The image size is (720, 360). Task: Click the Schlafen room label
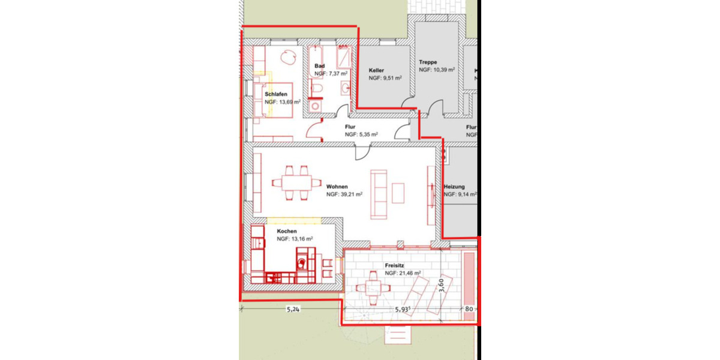tap(275, 94)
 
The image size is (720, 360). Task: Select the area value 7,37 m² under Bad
tap(331, 73)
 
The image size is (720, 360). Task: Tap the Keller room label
tap(376, 70)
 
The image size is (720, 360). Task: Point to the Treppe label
tap(428, 62)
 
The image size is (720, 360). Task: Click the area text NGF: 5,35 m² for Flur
tap(361, 135)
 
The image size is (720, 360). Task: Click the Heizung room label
tap(454, 187)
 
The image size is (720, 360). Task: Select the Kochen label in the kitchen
tap(287, 230)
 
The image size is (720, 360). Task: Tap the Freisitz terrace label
tap(396, 265)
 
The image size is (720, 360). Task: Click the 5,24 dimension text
tap(293, 310)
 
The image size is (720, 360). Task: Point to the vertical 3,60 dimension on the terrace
tap(442, 283)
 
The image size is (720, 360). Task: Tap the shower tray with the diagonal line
tap(344, 58)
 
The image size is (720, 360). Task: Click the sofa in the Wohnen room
tap(379, 194)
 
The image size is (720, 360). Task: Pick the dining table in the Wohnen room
tap(292, 182)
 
